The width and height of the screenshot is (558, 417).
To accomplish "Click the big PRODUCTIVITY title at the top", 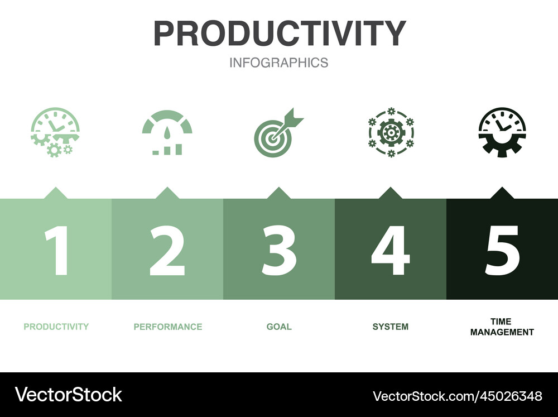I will pos(279,33).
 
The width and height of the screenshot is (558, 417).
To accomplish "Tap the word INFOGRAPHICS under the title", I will pos(279,63).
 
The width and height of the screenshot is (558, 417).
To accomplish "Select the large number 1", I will pos(57,251).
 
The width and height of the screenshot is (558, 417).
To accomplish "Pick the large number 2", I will pos(167,251).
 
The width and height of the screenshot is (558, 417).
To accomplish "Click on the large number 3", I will pos(279,251).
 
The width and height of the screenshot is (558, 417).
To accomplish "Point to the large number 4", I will pos(390,251).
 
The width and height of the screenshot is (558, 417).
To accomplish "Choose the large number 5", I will pos(502,251).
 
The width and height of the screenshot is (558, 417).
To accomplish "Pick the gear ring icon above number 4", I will pos(391,132).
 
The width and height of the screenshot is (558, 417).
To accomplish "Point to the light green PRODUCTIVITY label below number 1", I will pos(56,327).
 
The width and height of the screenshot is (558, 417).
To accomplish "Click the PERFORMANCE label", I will pos(167,327).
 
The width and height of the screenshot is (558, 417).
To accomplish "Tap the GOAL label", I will pos(279,327).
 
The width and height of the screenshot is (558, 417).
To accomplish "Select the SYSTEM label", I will pos(391,327).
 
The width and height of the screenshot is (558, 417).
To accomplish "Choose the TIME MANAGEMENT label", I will pos(502,327).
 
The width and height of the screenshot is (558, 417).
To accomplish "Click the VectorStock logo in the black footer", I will pos(69,395).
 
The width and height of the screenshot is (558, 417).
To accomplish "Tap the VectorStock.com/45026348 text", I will pos(457,396).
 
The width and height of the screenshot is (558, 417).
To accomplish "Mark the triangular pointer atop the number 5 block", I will pos(502,193).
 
